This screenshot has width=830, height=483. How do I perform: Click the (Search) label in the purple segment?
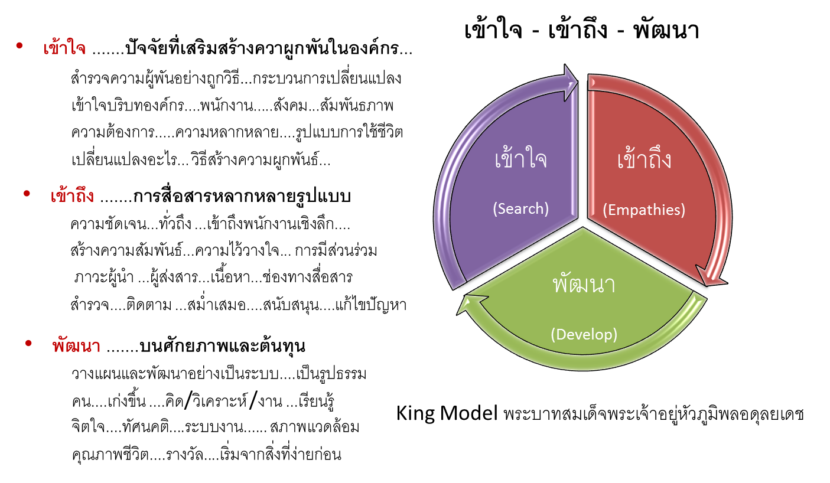[x=520, y=208]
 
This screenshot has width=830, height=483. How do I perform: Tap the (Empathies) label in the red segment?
[x=644, y=210]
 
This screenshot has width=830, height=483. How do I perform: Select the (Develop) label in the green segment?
[x=584, y=334]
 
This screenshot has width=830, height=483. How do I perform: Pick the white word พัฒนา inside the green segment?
[x=584, y=285]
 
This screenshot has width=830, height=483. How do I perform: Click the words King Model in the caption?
[x=447, y=413]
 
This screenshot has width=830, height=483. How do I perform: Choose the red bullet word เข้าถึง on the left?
[x=72, y=195]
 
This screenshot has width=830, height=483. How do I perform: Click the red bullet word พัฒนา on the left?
[x=76, y=346]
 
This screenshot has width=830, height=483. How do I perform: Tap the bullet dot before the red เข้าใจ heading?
[x=19, y=46]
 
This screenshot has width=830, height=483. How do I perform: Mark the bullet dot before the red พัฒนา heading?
[x=28, y=344]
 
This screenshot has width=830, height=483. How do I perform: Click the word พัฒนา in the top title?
[x=666, y=30]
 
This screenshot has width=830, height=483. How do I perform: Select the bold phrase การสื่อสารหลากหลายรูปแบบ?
[x=242, y=196]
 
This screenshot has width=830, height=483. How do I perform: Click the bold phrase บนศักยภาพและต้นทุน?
[x=222, y=346]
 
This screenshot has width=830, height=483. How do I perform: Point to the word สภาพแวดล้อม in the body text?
[x=315, y=427]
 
